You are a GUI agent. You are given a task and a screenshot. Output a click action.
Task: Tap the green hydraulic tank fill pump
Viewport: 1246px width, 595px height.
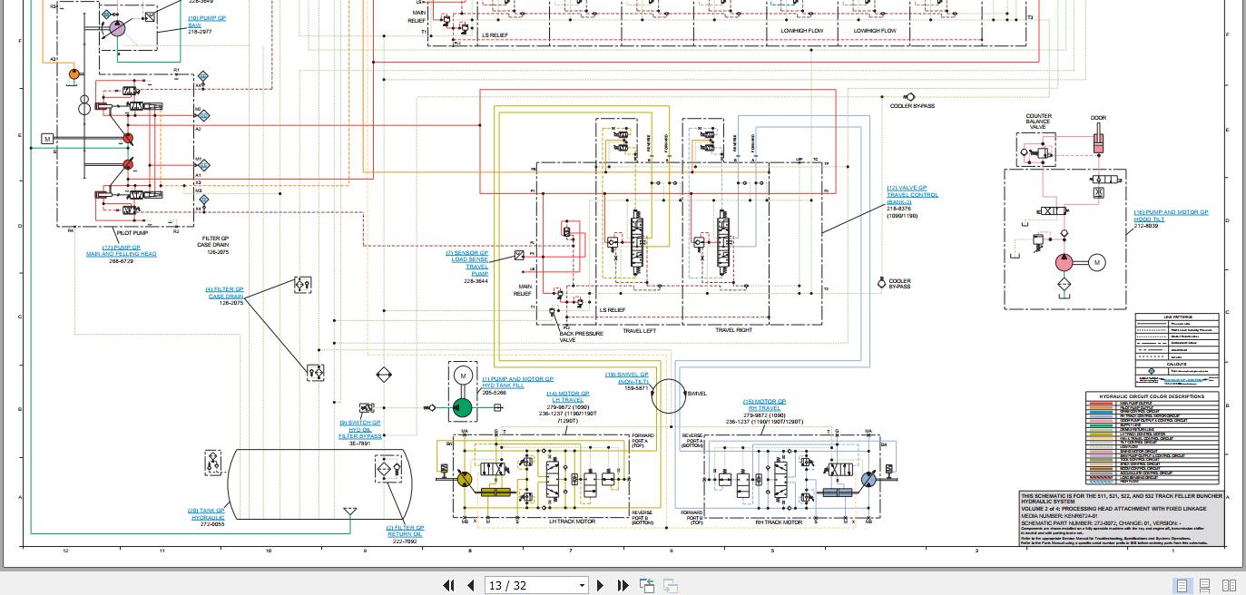(x=462, y=407)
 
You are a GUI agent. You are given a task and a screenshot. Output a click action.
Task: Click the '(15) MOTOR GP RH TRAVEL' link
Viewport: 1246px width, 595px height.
(x=764, y=405)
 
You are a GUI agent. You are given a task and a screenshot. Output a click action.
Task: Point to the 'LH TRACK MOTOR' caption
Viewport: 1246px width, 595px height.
(x=572, y=522)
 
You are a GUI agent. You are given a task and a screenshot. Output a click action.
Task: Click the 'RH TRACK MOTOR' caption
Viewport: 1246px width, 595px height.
(x=780, y=522)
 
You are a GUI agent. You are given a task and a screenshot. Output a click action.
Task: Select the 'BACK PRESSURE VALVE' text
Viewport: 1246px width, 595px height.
(x=580, y=337)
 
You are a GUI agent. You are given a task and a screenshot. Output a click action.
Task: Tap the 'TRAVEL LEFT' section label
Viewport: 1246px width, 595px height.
(x=639, y=330)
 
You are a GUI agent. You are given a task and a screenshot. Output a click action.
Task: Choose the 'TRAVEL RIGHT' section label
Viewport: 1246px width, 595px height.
(x=733, y=330)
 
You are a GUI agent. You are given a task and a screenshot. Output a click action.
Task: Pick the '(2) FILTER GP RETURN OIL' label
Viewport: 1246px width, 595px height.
(x=405, y=531)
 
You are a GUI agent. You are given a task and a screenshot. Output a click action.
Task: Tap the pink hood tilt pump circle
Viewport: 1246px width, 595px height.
(x=1063, y=263)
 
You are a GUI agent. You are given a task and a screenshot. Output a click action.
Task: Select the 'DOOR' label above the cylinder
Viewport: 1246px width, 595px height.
(x=1098, y=118)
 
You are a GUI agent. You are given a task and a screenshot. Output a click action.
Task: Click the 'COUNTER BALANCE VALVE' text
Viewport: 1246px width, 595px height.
(x=1038, y=122)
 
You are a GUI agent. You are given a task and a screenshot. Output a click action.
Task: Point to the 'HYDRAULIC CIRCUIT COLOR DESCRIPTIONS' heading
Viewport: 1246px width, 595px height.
(x=1152, y=396)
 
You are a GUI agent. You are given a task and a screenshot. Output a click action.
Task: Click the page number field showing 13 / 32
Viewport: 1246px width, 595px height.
(x=535, y=586)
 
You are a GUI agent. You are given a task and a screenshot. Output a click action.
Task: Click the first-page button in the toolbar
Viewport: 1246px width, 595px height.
(x=448, y=586)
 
